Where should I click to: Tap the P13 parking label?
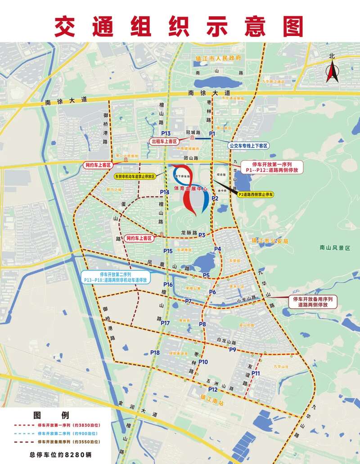166,134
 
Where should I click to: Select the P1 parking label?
212,134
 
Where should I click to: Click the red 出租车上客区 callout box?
166,141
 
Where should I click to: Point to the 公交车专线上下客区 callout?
248,146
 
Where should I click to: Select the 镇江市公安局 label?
270,241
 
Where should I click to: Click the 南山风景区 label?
334,247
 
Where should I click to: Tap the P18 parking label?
155,352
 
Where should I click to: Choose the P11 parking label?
256,373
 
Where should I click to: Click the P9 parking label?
233,350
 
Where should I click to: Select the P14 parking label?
164,192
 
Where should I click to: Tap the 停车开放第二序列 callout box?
116,277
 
